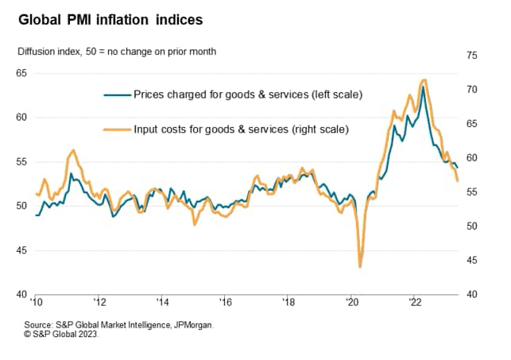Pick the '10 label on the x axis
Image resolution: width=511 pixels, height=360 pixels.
point(37,302)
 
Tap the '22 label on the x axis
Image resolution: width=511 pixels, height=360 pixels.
point(415,302)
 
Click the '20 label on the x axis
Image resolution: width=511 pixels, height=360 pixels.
point(352,302)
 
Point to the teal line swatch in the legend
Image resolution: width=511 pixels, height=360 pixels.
point(117,95)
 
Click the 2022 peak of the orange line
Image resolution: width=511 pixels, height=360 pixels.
point(425,79)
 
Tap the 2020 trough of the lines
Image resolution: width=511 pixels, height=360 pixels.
point(360,266)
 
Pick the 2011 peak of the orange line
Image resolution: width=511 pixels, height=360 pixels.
point(73,149)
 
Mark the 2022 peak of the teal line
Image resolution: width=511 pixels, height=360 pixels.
point(423,87)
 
